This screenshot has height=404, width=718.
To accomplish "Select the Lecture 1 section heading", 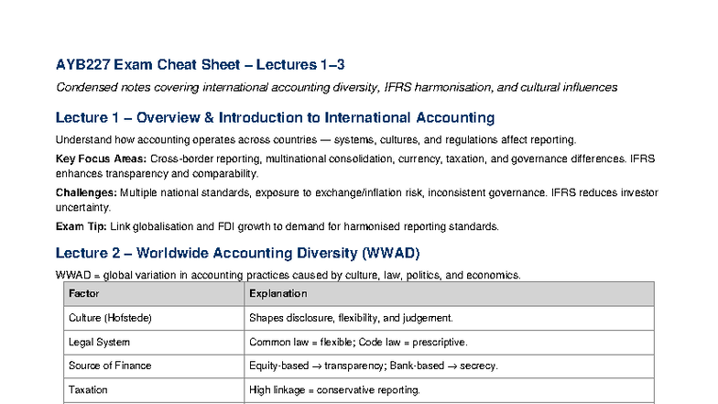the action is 275,118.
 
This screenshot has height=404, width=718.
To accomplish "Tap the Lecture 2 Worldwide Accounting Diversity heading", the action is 237,253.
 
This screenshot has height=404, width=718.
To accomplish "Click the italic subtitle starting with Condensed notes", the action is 336,88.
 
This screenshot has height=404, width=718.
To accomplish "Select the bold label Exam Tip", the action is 81,226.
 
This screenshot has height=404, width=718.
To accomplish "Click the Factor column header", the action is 84,294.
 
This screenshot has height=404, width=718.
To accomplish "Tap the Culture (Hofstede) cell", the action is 110,318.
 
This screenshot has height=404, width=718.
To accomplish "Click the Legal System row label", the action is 100,342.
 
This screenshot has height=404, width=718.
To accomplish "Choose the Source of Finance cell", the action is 110,366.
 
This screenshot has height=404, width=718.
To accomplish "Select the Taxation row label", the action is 88,389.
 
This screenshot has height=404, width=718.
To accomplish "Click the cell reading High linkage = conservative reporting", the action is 334,389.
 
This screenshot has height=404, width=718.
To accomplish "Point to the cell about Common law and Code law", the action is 358,342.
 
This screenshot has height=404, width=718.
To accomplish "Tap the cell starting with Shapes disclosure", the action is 351,318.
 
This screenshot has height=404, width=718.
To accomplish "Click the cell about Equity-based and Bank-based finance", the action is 373,366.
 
